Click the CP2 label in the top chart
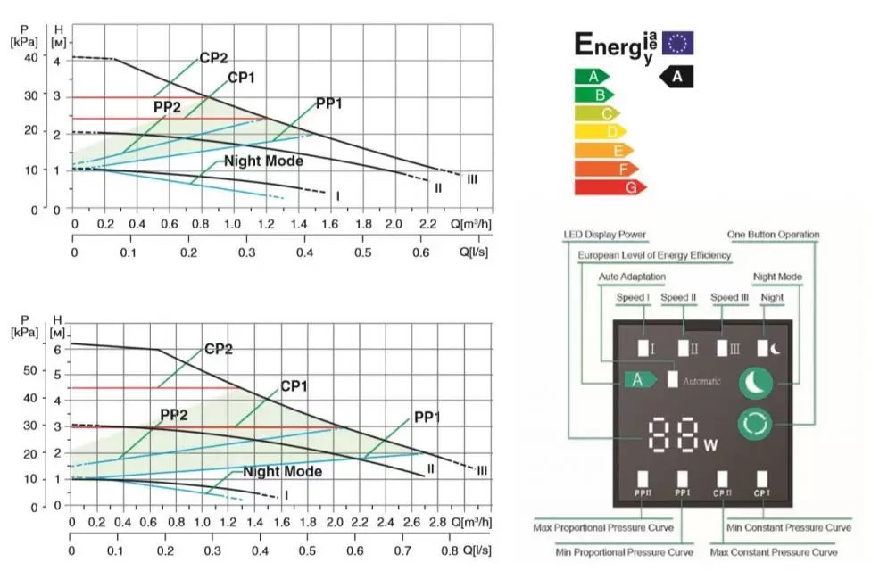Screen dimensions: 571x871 pos(213,59)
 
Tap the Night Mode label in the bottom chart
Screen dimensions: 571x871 pos(282,472)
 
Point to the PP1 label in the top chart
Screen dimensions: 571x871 pos(329,104)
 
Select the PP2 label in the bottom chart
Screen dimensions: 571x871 pos(174,415)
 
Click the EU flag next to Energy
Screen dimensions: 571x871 pos(677,43)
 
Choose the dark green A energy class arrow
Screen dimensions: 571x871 pos(591,76)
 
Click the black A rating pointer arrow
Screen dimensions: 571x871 pos(676,78)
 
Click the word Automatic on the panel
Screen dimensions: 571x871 pos(702,381)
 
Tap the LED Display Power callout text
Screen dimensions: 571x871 pos(604,236)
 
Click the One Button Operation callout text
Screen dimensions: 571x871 pos(774,236)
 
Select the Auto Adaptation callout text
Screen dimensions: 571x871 pos(632,277)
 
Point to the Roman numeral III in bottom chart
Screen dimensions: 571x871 pos(482,470)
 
